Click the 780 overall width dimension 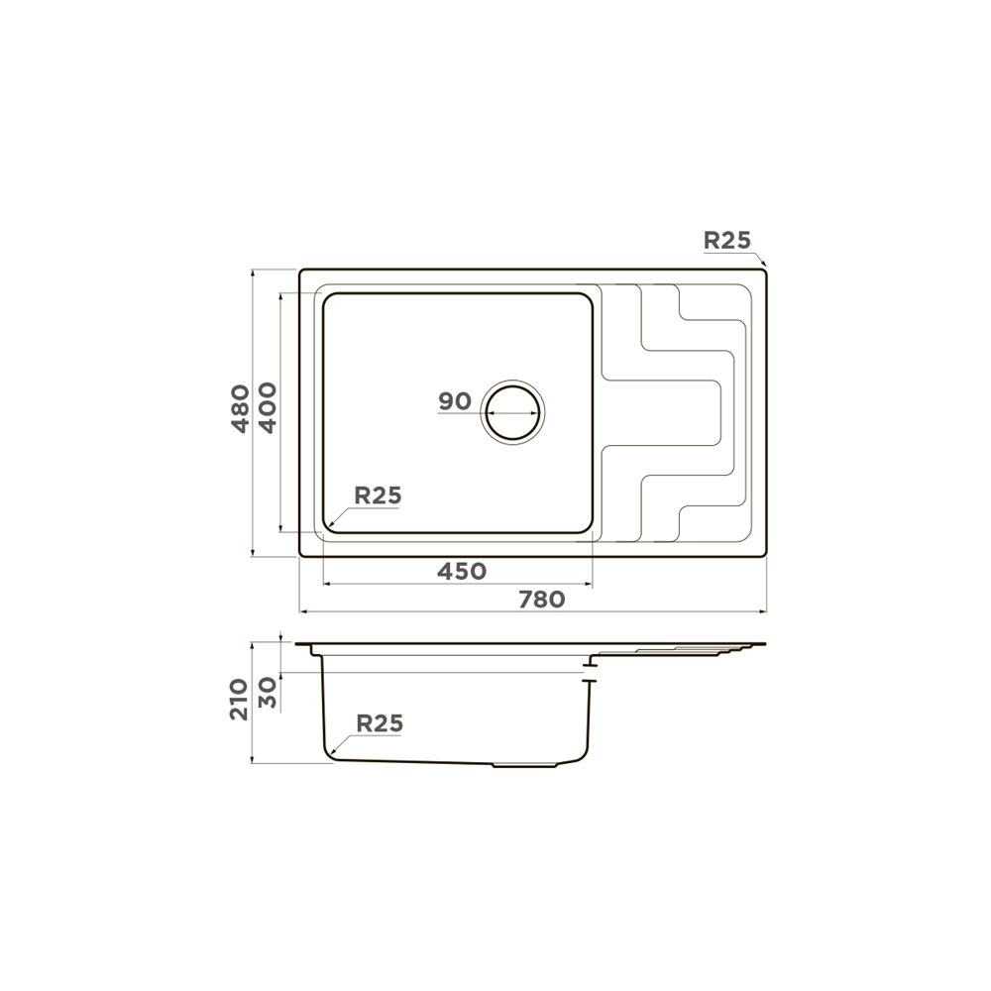542,600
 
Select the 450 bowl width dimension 462,572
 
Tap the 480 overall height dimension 241,408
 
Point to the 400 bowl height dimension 268,407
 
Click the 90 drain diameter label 455,400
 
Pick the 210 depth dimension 240,700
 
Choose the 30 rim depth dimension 269,692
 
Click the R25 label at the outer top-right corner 727,240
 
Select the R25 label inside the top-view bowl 378,495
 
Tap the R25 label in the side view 380,723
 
